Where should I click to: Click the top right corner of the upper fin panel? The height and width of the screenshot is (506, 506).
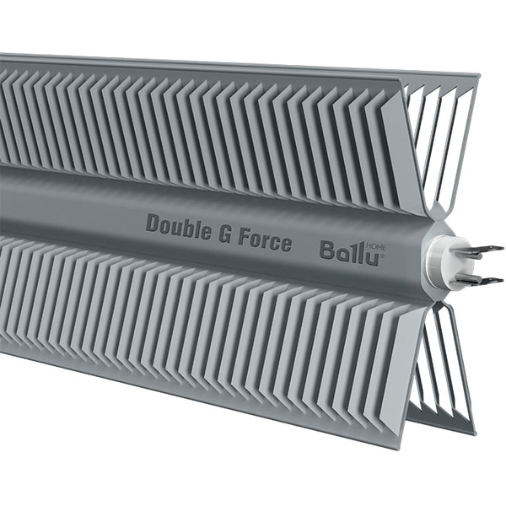pyautogui.click(x=478, y=77)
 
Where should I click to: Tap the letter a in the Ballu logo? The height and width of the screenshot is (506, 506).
pyautogui.click(x=341, y=251)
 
